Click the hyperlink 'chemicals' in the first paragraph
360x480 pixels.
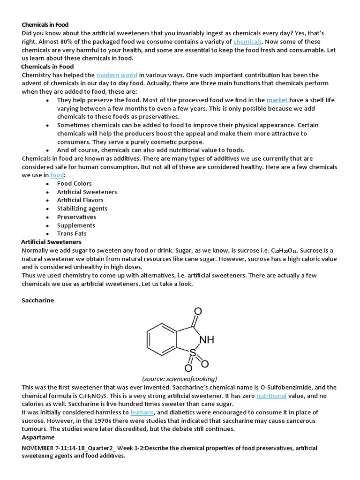click(247, 42)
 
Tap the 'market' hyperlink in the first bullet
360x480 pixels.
click(277, 100)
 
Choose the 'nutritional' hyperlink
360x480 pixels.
click(271, 396)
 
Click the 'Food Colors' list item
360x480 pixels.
click(74, 183)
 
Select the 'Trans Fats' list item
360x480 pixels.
click(72, 233)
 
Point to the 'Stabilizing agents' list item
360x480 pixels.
click(82, 208)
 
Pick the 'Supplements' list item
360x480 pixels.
click(76, 225)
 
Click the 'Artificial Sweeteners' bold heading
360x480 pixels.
click(52, 242)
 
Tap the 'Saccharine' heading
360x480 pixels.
click(38, 300)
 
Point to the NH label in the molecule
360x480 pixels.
click(207, 340)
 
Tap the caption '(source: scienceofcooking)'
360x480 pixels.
click(180, 379)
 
